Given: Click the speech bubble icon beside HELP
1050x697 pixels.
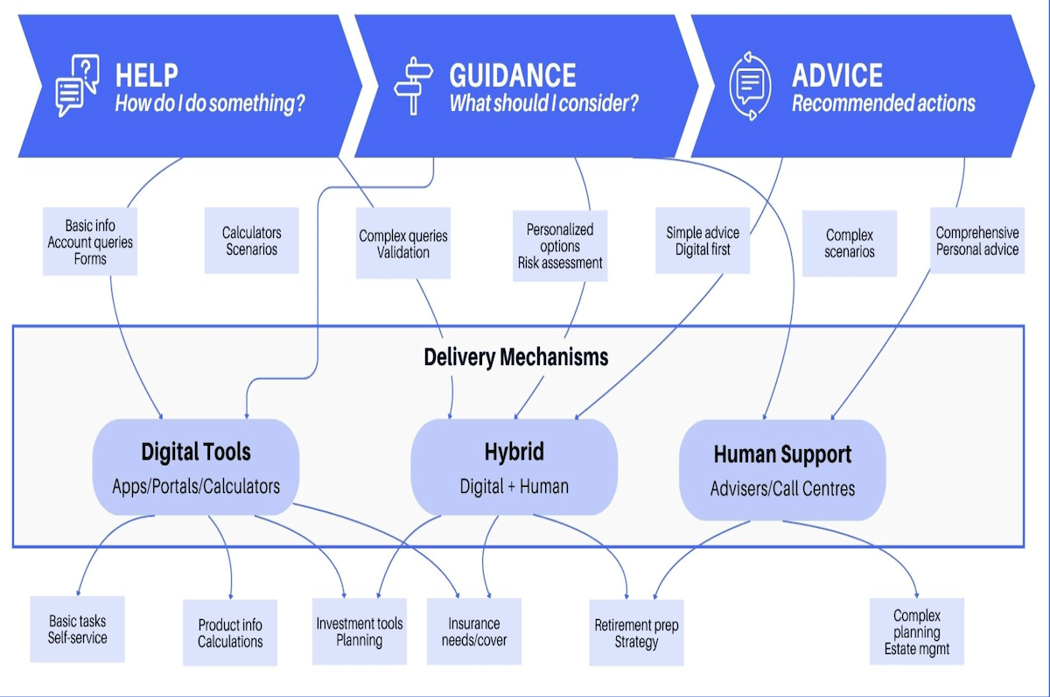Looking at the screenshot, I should [x=76, y=86].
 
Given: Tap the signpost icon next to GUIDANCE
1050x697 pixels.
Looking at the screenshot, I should [x=414, y=86].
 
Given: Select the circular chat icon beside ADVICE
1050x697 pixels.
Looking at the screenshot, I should [x=750, y=86].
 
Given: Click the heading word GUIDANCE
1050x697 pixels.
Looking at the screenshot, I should [x=512, y=75].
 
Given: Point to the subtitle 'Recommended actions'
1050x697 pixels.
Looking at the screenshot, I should [x=883, y=103].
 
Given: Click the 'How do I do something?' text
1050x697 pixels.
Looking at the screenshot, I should [x=210, y=103].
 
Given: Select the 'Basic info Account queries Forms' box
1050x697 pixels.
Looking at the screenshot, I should [x=90, y=243].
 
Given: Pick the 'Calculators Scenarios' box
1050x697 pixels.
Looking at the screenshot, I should [x=251, y=241].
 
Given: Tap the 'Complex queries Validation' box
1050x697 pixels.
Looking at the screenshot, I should [x=403, y=244].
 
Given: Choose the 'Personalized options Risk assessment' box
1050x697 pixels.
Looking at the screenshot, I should [x=560, y=245].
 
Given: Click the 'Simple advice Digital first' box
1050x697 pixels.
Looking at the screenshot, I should [x=703, y=241].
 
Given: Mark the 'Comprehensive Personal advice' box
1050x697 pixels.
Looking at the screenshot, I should [x=976, y=241].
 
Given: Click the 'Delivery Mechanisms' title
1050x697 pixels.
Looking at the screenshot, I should [x=516, y=357].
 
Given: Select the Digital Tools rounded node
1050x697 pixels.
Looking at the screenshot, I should [x=196, y=468].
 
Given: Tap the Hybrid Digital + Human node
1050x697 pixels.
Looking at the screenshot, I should [x=514, y=468].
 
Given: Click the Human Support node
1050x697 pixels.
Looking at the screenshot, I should [x=782, y=469].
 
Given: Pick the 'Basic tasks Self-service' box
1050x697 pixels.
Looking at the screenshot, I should [x=77, y=629].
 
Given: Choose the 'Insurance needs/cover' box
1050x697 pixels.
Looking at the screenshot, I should [x=474, y=631].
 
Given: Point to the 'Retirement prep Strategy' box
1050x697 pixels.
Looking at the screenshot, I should [x=636, y=633].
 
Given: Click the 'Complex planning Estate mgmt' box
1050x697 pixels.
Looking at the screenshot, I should [x=916, y=632].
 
